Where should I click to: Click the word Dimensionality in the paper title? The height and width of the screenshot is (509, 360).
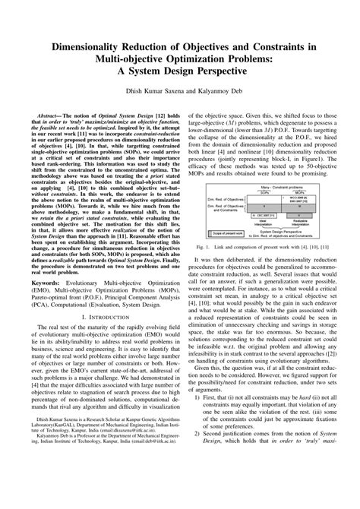(x=81, y=46)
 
